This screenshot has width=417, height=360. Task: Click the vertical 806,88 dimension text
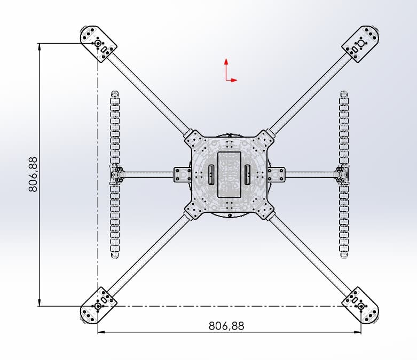click(33, 174)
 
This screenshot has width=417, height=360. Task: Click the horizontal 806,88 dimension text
click(226, 325)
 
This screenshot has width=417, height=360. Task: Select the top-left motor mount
click(99, 42)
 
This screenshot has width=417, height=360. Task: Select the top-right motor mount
click(361, 42)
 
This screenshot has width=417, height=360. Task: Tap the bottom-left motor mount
click(98, 305)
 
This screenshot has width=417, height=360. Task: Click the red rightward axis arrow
click(234, 80)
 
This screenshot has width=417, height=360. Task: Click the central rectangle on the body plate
click(230, 174)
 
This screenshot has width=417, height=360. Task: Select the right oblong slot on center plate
click(248, 174)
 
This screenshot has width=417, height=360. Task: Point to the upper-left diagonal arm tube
click(150, 93)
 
